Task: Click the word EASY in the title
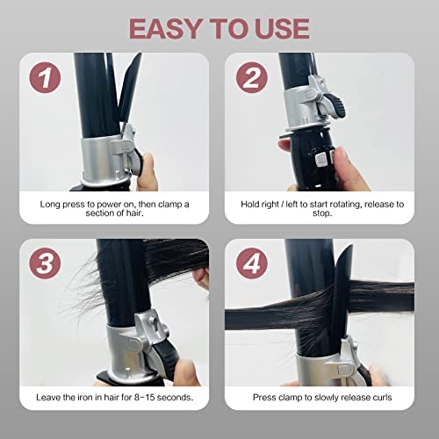[165, 28]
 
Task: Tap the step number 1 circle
[45, 78]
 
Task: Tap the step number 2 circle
[252, 78]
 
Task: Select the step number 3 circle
[45, 263]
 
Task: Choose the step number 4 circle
[252, 263]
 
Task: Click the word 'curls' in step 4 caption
[382, 397]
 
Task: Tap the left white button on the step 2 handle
[321, 160]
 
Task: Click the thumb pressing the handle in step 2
[349, 169]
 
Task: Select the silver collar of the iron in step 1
[104, 160]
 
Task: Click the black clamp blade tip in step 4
[350, 247]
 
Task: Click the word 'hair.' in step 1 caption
[135, 213]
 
